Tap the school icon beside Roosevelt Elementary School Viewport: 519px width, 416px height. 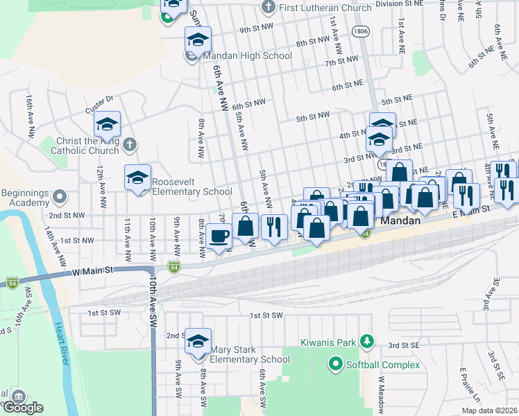click(138, 178)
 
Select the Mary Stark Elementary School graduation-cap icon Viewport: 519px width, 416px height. click(198, 341)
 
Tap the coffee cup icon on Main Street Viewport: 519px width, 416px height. click(219, 236)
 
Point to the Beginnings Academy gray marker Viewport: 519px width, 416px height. click(59, 197)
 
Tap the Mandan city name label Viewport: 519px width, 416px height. click(401, 220)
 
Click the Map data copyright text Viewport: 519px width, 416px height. click(490, 410)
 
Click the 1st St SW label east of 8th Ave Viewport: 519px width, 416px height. click(267, 315)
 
